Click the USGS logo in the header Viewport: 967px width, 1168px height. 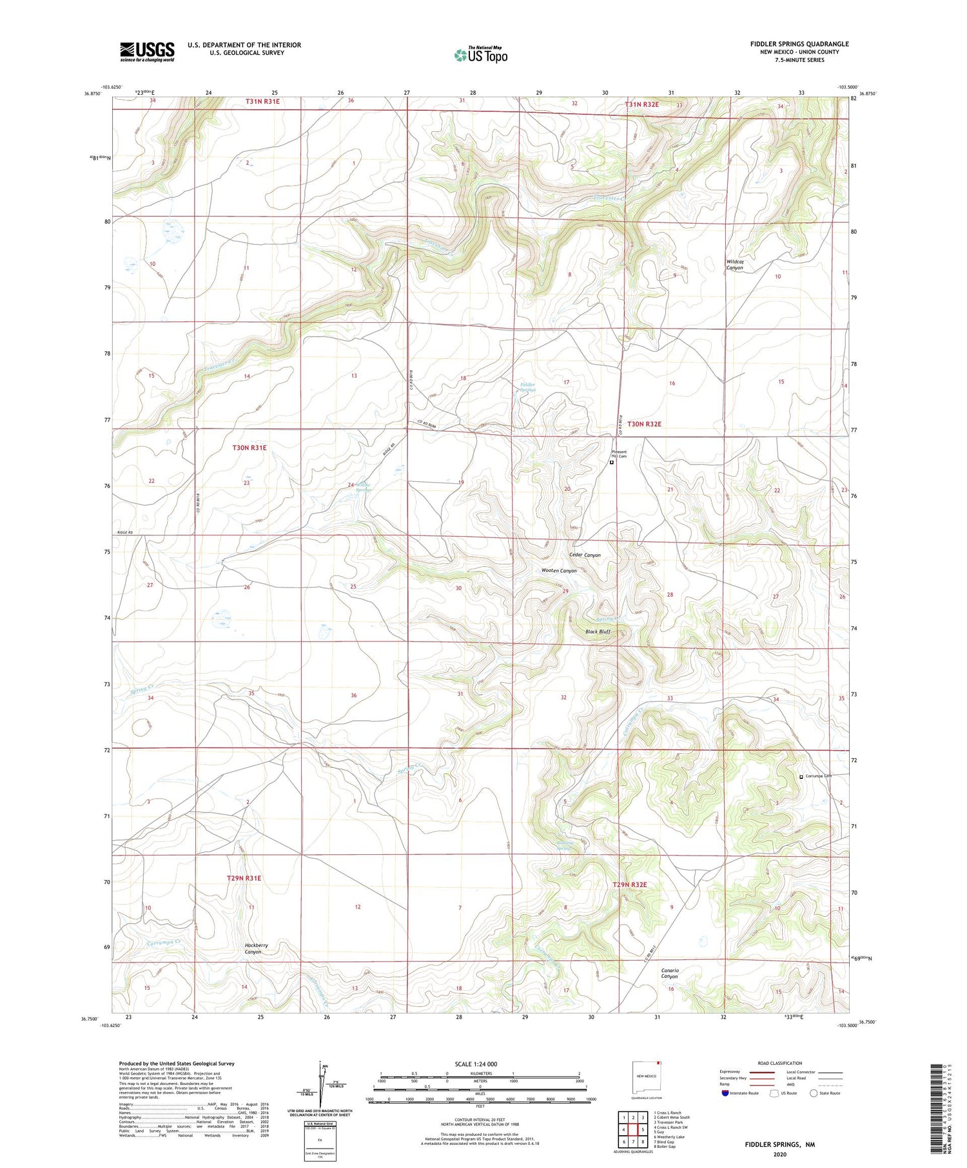click(147, 52)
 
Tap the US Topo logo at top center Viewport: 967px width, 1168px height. click(480, 55)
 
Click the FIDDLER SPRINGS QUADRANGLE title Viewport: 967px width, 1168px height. click(799, 44)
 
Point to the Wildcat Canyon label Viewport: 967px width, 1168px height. click(735, 265)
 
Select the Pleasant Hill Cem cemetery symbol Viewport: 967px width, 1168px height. click(612, 462)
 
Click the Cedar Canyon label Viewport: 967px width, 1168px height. click(585, 555)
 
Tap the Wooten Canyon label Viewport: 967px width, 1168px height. click(559, 571)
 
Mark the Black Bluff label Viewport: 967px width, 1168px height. click(598, 632)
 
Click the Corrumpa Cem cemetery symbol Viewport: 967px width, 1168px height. click(801, 777)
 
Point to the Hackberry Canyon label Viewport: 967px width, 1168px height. click(256, 948)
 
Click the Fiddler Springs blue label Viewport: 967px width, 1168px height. click(527, 387)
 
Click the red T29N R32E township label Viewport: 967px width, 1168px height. click(629, 885)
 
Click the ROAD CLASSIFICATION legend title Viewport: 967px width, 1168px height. click(780, 1063)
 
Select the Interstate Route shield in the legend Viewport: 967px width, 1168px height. click(726, 1093)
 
